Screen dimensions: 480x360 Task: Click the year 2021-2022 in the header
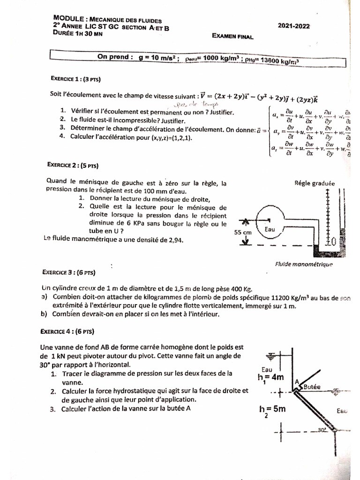293,27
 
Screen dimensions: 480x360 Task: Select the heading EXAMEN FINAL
232,36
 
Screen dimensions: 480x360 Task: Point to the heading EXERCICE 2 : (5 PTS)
73,165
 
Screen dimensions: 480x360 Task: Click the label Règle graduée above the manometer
315,184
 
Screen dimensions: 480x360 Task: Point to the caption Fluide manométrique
304,264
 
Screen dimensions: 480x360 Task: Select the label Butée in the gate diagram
311,387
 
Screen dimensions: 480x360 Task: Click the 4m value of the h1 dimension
276,376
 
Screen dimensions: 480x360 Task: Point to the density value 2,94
173,240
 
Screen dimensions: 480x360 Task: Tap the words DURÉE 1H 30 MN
77,33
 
